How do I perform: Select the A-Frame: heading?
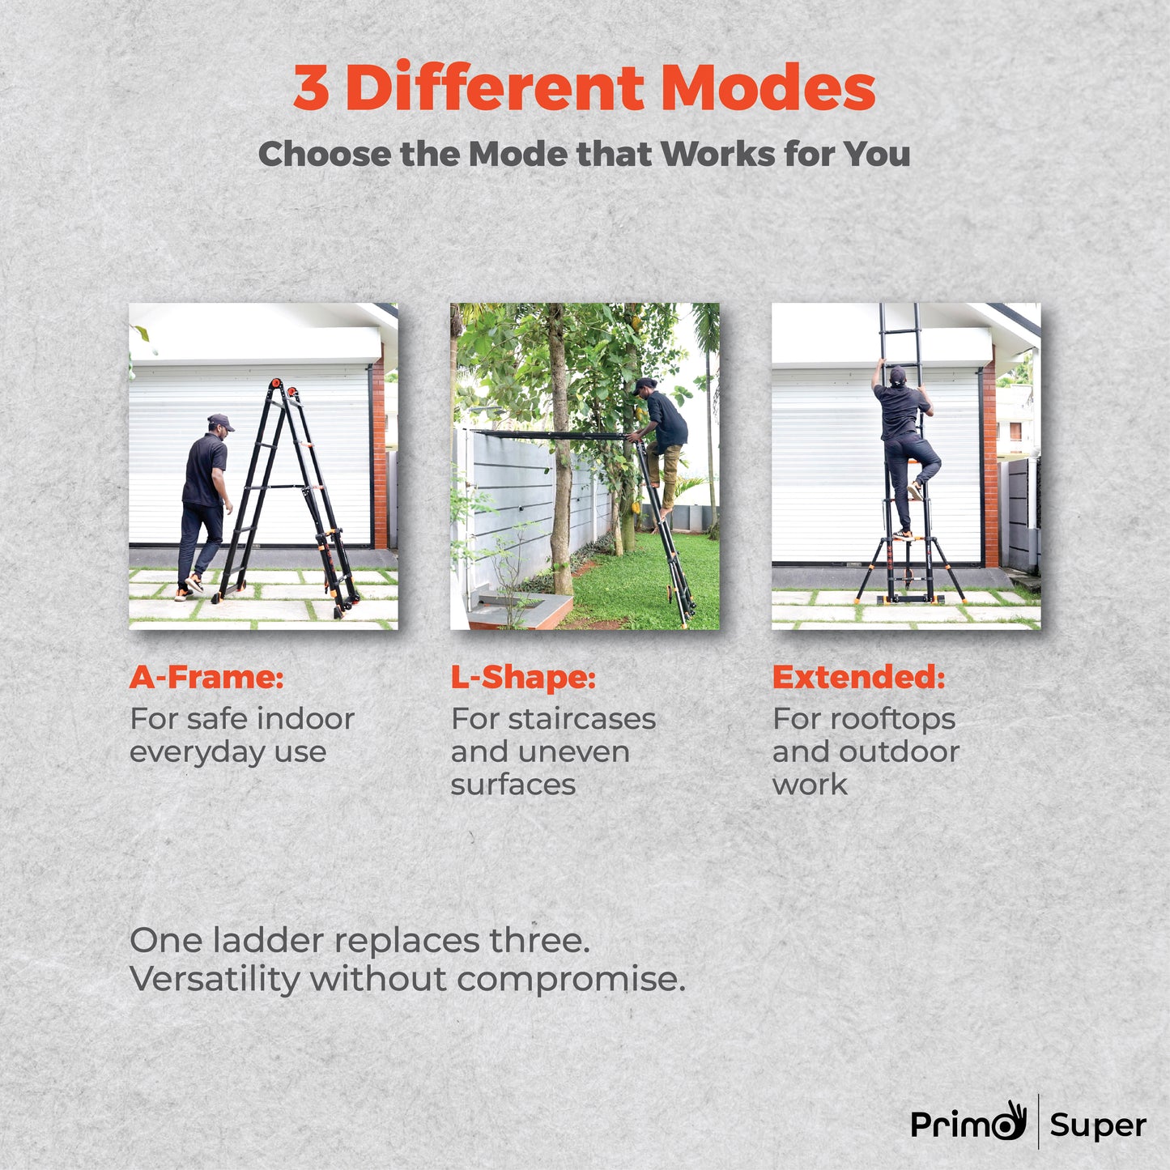[206, 677]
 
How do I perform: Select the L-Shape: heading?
[523, 677]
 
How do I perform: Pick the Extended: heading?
[858, 677]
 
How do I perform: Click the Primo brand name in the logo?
[968, 1124]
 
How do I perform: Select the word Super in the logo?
[1098, 1125]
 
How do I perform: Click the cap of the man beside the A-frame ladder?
[219, 420]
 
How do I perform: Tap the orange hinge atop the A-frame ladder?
[278, 384]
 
